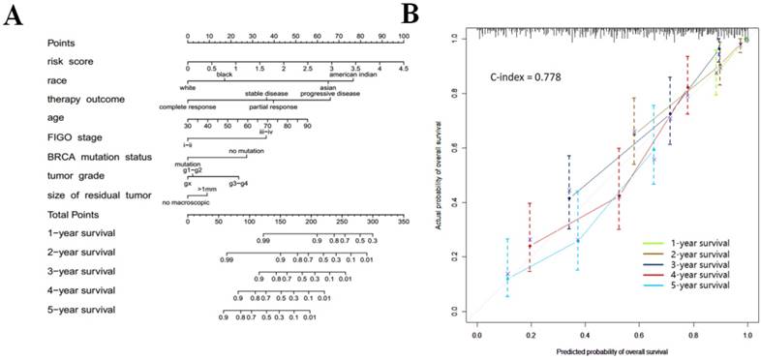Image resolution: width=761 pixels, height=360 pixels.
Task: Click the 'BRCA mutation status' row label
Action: [x=98, y=156]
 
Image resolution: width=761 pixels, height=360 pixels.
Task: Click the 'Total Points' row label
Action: [x=76, y=214]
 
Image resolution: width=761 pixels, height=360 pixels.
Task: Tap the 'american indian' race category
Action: [x=355, y=75]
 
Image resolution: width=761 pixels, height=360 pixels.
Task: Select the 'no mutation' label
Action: [x=246, y=151]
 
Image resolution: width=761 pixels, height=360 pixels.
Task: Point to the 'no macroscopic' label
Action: [x=185, y=201]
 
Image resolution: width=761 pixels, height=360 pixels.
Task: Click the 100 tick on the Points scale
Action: [x=404, y=36]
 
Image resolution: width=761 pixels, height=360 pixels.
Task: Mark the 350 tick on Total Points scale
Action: [x=404, y=221]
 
